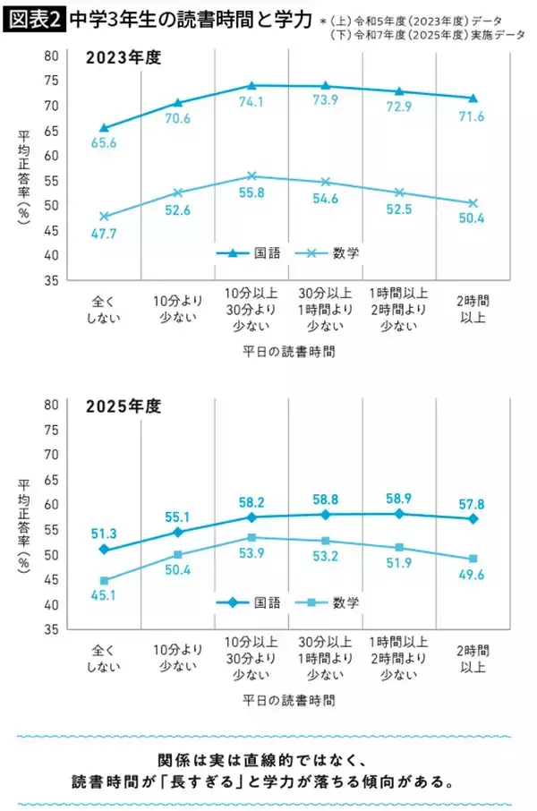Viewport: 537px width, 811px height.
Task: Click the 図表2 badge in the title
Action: pos(33,19)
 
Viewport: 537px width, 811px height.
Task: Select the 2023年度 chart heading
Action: pos(123,59)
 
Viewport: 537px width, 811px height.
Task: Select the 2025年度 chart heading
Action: pos(123,406)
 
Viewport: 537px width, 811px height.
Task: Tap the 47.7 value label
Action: pos(105,232)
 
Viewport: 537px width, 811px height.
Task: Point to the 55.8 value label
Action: pos(251,192)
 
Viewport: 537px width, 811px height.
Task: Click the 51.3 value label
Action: pos(105,534)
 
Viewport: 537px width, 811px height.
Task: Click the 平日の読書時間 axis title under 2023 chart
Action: pos(288,352)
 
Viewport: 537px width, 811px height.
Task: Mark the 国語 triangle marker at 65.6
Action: pos(105,128)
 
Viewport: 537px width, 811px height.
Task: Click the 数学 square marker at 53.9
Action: pos(251,538)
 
